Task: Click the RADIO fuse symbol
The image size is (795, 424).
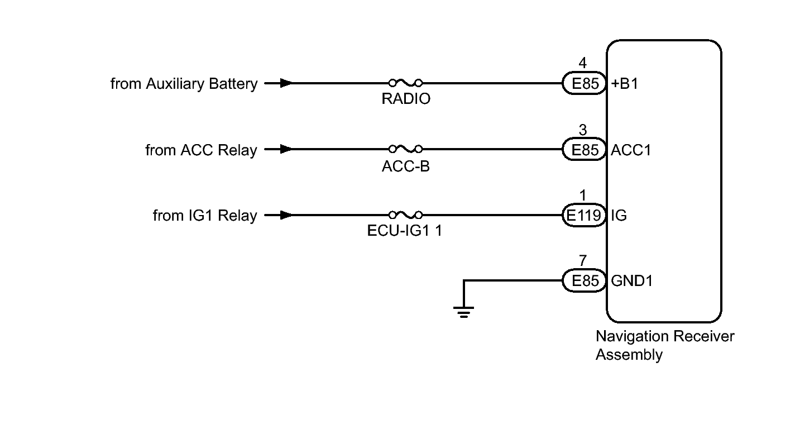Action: pos(405,83)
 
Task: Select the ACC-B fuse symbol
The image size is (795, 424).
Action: pos(405,149)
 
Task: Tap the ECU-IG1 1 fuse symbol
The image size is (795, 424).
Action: pos(405,215)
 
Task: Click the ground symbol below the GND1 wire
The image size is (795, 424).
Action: pos(463,312)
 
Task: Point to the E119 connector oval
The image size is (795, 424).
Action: pos(584,215)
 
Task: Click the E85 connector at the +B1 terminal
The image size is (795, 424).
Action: pos(584,83)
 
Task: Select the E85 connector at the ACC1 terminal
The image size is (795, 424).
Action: pos(584,149)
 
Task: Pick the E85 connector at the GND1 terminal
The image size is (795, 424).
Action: pos(584,280)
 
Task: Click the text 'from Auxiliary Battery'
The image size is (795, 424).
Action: pos(184,84)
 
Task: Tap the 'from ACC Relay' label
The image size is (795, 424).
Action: pos(201,150)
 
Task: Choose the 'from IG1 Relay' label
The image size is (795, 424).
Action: pos(205,216)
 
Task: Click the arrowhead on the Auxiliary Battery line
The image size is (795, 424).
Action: pos(286,83)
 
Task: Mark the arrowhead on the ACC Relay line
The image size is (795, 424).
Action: pos(286,149)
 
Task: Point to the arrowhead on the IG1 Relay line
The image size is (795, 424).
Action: pos(286,215)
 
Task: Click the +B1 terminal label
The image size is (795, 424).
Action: pos(625,83)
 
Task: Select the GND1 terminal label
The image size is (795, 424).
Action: pos(632,281)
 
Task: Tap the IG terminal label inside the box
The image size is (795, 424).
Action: pos(619,215)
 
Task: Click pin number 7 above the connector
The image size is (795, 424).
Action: pos(583,261)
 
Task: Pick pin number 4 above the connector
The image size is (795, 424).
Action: pos(583,63)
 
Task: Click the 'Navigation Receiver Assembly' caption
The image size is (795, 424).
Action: pos(665,346)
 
